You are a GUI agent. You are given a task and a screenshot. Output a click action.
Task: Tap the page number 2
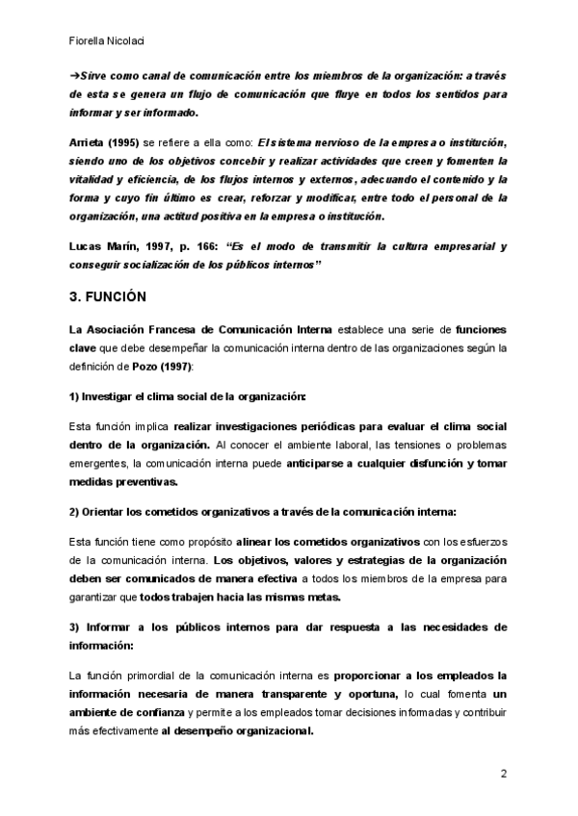coord(503,774)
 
